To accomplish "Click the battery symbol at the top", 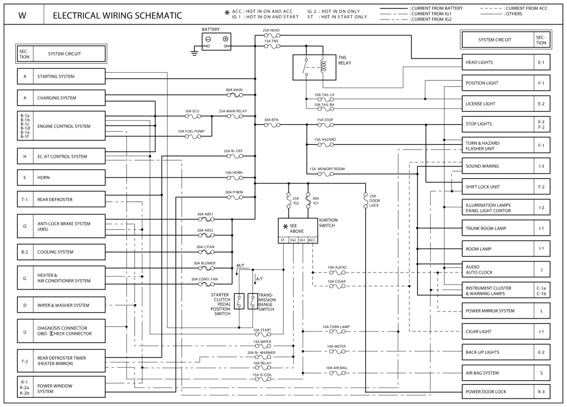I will pos(217,40).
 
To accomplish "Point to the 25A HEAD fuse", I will pos(271,36).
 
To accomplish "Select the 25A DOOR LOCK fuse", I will pos(365,199).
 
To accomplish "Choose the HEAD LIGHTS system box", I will pos(497,62).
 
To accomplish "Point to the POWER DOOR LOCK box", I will pos(497,392).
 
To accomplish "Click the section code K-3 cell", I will pos(541,392).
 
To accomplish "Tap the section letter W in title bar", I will pos(22,15).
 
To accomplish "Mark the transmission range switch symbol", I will pos(252,301).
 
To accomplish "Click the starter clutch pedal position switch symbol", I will pos(239,301).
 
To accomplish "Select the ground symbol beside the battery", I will pos(194,53).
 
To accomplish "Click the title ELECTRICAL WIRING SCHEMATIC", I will pos(117,15).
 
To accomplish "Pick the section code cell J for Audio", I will pos(541,270).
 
